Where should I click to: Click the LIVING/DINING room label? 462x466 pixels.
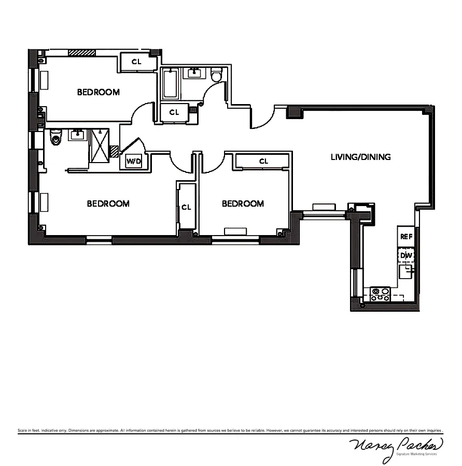point(360,157)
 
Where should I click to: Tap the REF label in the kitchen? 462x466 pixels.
point(405,237)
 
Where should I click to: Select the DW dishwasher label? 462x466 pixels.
point(405,255)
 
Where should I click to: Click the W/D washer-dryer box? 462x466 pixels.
point(134,162)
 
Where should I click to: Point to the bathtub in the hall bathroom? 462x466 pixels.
point(170,84)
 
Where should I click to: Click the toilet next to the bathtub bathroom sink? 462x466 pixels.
point(217,76)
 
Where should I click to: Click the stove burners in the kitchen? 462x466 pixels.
point(381,295)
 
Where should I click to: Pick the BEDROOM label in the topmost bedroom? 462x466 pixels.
point(99,92)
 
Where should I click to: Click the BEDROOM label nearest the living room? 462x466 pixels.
point(243,203)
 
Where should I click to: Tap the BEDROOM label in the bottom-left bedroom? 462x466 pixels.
point(108,203)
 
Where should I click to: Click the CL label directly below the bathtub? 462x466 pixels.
point(174,112)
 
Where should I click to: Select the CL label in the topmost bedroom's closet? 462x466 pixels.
point(136,62)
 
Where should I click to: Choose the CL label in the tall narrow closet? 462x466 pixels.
point(186,207)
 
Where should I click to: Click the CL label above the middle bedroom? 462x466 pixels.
point(263,161)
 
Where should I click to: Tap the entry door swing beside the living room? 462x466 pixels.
point(263,119)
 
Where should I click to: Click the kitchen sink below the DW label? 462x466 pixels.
point(405,270)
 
